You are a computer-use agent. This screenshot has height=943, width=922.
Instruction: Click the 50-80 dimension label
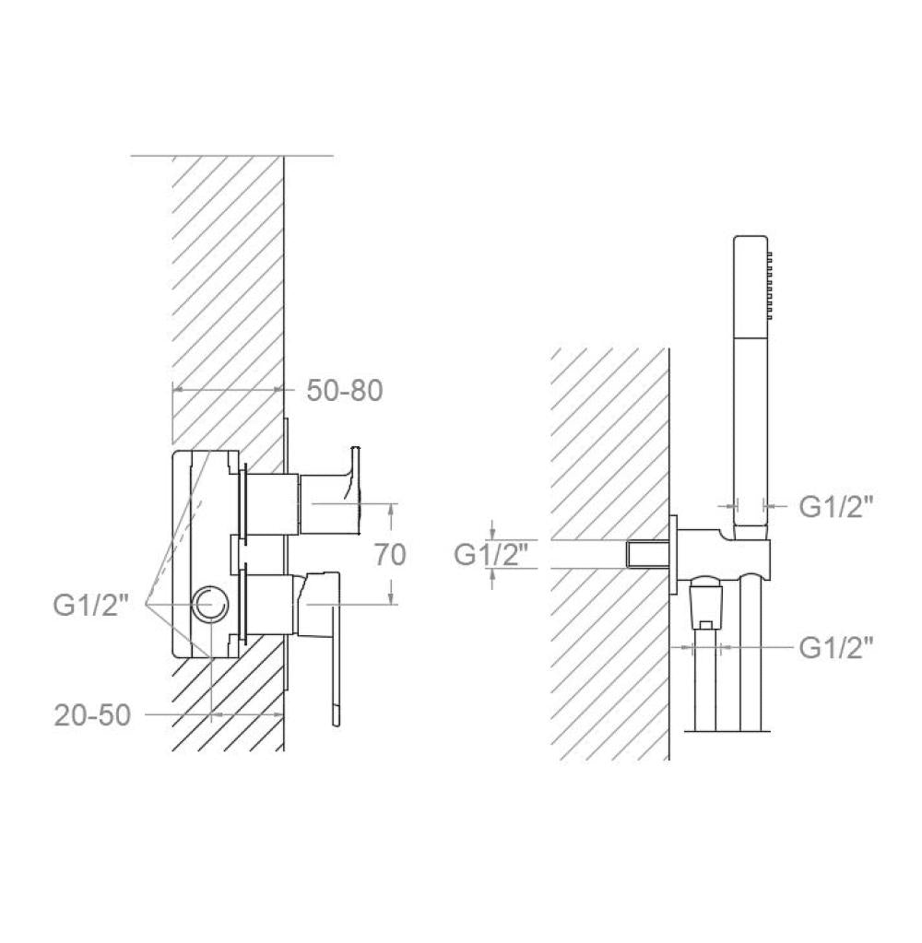[345, 391]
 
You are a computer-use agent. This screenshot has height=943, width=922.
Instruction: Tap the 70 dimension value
[390, 554]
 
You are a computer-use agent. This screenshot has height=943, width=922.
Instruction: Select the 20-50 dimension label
[92, 715]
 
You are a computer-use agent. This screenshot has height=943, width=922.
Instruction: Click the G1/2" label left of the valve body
[91, 605]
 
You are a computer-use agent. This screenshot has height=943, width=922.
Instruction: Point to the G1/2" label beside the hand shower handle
[836, 506]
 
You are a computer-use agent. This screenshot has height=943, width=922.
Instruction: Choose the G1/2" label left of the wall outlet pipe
[491, 555]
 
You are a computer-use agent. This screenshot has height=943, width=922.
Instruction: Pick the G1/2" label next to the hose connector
[836, 648]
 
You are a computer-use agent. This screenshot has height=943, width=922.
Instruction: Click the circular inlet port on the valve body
[210, 604]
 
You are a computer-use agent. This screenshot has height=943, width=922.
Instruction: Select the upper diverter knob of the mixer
[329, 490]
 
